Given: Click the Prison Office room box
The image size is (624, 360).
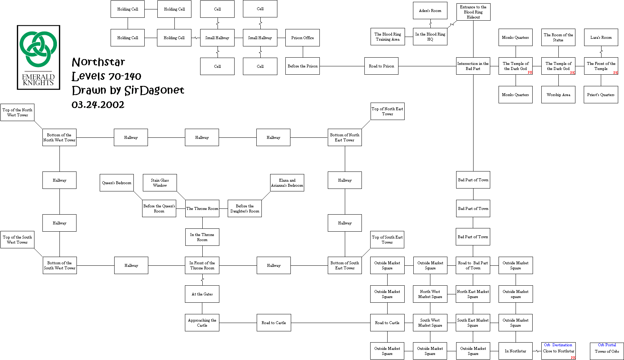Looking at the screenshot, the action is (302, 38).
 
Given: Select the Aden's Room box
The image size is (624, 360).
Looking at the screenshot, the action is (430, 11).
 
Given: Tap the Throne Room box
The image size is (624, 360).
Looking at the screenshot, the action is (202, 208).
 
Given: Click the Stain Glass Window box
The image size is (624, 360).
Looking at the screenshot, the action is (160, 183).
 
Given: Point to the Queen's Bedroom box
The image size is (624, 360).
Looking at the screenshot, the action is (117, 183).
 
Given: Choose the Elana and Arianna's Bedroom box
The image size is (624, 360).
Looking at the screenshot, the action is (287, 183).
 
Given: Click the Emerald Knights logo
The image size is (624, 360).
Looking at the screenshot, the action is (38, 57).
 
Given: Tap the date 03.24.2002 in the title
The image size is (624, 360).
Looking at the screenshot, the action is (98, 105).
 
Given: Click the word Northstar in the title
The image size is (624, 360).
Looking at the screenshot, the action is (98, 62).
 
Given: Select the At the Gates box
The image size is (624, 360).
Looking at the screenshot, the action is (202, 294).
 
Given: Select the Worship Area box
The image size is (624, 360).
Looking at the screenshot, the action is (558, 95).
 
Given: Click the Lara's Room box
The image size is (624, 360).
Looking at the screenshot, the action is (601, 37).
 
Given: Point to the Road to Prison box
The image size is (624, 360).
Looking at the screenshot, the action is (381, 66).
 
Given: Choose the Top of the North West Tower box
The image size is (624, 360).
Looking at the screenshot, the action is (17, 112).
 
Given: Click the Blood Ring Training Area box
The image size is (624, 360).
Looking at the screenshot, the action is (388, 37).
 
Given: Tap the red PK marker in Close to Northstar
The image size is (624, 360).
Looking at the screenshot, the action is (573, 358).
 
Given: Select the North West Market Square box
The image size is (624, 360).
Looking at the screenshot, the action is (430, 294).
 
